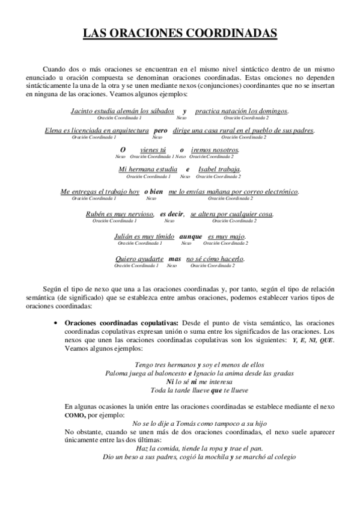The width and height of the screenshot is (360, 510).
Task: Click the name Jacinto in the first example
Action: pos(84,111)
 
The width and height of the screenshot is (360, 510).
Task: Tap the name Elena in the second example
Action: pos(55,131)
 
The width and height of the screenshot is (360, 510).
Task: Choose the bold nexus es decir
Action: pos(171,214)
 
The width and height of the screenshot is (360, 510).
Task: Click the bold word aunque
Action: pos(191,236)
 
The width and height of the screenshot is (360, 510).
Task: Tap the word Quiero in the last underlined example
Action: pos(127,259)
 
